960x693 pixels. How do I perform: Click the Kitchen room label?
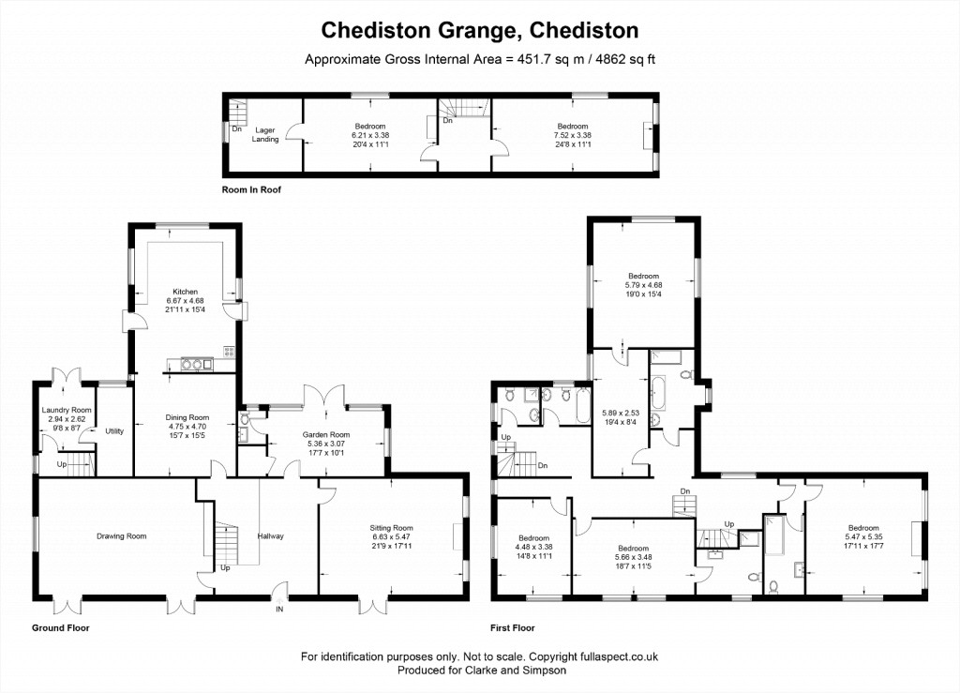point(185,292)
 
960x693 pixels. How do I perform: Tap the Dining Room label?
point(187,417)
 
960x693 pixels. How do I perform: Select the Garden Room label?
point(325,435)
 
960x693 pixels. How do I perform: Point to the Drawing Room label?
point(121,536)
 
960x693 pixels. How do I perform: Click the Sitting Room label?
point(391,528)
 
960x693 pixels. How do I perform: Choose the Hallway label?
point(271,536)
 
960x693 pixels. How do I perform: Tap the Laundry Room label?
point(67,410)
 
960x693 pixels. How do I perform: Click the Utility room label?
point(114,431)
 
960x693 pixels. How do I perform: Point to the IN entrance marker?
point(279,610)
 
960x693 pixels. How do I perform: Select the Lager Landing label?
point(265,135)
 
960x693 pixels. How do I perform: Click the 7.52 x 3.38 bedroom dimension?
point(573,135)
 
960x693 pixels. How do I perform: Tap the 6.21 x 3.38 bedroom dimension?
point(370,135)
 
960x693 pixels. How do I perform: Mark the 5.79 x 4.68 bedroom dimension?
point(643,285)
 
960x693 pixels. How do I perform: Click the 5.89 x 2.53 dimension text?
point(621,414)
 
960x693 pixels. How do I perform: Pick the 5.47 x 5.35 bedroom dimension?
point(863,536)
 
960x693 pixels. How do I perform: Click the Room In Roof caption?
point(251,189)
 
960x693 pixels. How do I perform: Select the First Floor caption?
point(513,627)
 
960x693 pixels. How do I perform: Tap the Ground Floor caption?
point(61,627)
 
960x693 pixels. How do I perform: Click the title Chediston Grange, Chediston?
point(480,30)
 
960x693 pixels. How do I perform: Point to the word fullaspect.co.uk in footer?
point(620,656)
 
